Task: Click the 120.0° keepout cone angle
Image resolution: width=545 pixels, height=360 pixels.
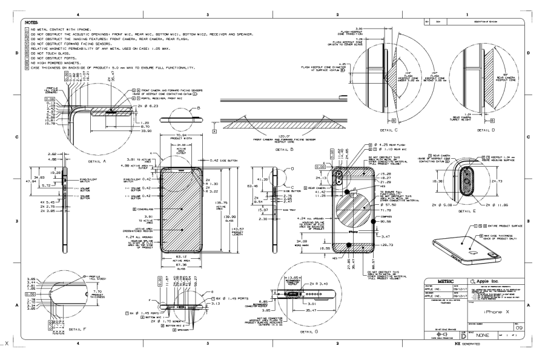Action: click(276, 138)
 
